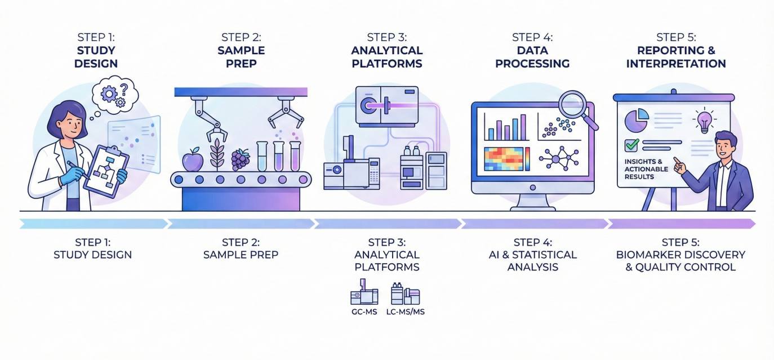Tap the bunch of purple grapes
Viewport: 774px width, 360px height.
coord(241,159)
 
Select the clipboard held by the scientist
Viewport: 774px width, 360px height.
coord(106,169)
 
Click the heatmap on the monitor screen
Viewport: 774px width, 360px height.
coord(506,158)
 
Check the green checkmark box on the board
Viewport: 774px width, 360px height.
coord(631,145)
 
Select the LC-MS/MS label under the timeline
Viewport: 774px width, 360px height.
coord(405,310)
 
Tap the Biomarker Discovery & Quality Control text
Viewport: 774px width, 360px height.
coord(680,260)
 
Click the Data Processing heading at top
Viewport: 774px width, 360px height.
coord(532,57)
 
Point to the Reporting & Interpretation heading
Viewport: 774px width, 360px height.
coord(676,57)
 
